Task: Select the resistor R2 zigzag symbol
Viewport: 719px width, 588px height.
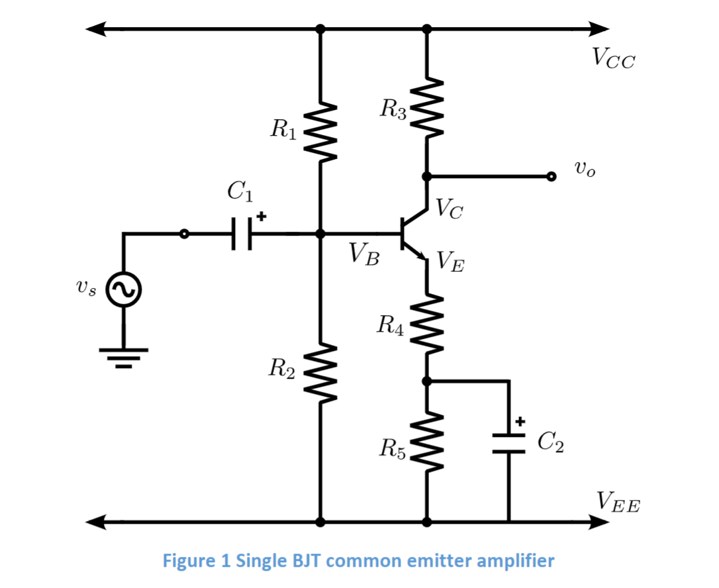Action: coord(320,372)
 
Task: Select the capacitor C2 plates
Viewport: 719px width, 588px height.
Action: coord(508,443)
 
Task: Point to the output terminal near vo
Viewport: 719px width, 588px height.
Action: coord(551,176)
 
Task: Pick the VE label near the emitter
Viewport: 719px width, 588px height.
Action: coord(450,264)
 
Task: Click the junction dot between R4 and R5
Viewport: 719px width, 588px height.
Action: coord(426,381)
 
